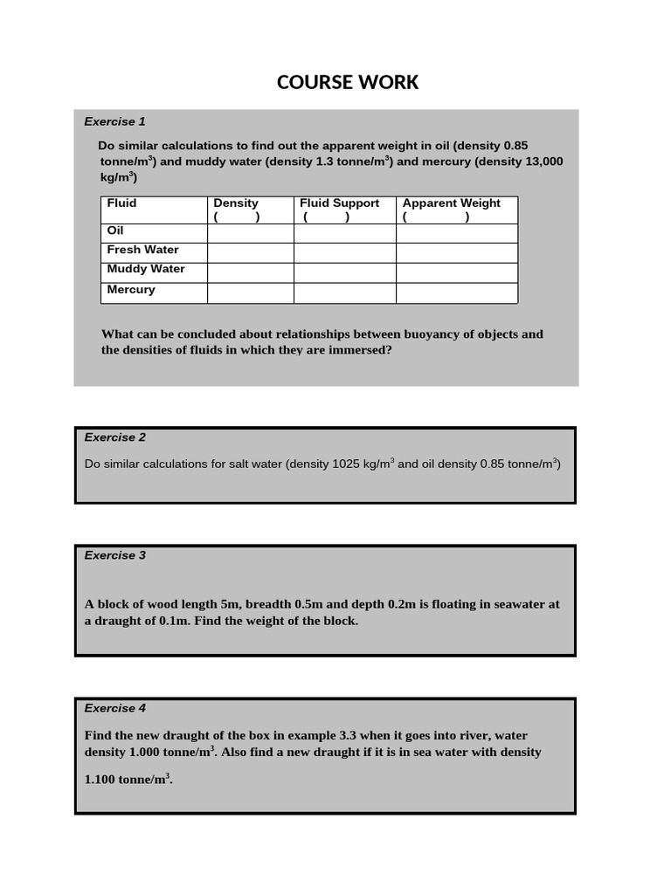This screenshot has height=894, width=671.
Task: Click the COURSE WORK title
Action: (x=348, y=82)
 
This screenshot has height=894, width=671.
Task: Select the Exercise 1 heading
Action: (x=114, y=121)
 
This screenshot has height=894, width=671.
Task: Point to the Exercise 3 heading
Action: (x=114, y=555)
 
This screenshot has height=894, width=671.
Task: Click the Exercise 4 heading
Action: (x=114, y=708)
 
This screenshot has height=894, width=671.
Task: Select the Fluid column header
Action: (x=121, y=203)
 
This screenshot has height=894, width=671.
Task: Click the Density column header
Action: (x=236, y=203)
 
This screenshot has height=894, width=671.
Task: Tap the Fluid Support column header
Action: (x=339, y=203)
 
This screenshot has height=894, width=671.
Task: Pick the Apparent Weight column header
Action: (x=451, y=203)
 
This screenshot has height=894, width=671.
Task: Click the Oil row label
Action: (x=115, y=231)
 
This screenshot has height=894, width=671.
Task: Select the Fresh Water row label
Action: (x=142, y=250)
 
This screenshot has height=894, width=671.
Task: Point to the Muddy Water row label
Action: (x=146, y=269)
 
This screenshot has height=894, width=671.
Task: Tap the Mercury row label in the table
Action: (x=131, y=289)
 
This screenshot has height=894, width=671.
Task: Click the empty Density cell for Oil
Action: (x=250, y=233)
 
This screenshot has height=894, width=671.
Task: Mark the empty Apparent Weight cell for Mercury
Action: (x=456, y=293)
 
